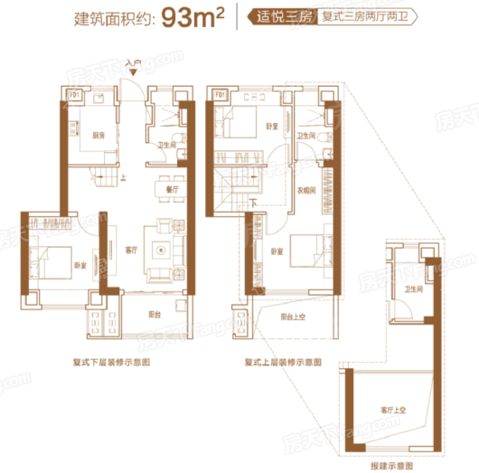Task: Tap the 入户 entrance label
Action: (134, 64)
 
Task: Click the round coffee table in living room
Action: (163, 248)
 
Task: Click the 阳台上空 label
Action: (292, 317)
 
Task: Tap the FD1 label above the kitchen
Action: (72, 93)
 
